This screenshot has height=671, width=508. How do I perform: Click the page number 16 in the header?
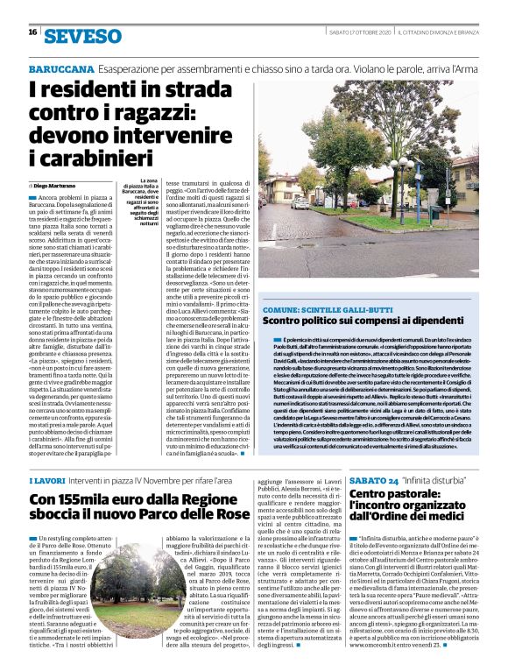[x=32, y=32]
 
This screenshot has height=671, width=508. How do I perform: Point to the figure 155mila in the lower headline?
[x=88, y=500]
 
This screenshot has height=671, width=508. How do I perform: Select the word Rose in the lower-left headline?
[x=230, y=518]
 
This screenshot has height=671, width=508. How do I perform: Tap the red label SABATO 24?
[x=374, y=482]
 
